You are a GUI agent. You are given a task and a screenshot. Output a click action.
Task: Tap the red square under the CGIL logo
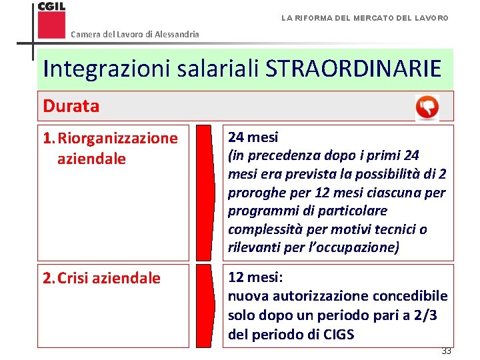51,25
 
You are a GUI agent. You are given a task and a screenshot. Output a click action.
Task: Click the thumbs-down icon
427,107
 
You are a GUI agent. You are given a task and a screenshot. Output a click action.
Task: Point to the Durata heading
71,106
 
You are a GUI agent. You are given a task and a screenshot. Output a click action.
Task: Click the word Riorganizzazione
118,139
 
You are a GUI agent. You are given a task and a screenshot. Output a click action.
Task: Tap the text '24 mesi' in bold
253,137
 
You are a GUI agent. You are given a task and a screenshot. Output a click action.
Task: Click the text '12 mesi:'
257,277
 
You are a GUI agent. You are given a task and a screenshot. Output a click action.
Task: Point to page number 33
445,351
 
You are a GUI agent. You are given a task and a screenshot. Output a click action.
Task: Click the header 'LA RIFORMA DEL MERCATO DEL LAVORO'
365,17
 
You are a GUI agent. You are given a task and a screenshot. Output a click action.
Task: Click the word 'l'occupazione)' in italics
356,247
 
